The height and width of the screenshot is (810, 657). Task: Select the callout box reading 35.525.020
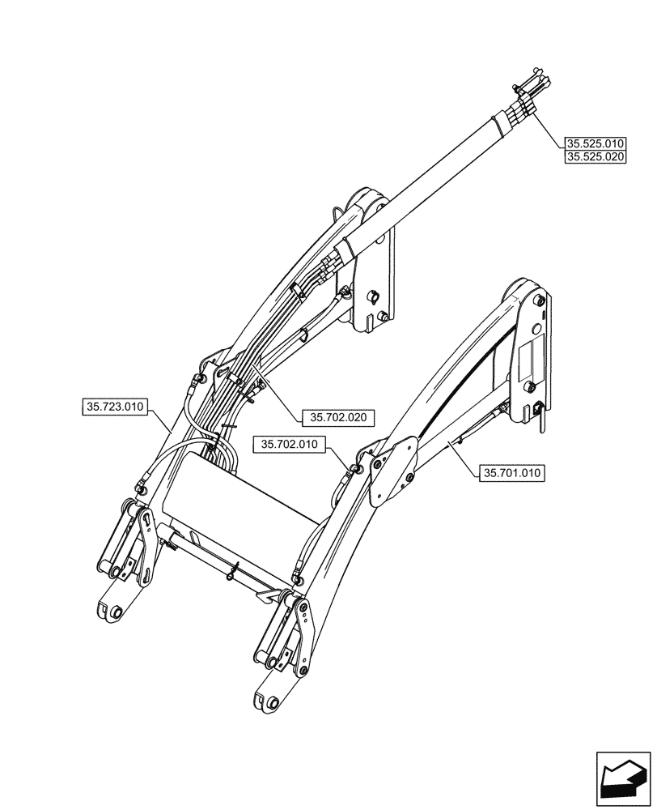point(595,157)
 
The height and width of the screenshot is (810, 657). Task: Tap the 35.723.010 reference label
point(113,407)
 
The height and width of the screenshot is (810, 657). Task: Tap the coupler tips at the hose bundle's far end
point(531,81)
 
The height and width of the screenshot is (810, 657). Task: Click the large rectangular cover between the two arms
point(243,502)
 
